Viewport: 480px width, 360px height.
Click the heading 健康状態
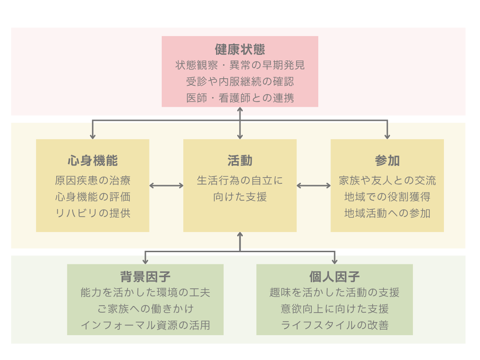pos(240,49)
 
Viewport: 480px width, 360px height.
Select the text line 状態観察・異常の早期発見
pos(240,65)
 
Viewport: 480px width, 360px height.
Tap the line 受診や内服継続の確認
pos(240,82)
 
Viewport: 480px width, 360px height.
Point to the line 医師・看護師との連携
pos(240,98)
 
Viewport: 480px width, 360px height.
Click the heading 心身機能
pos(93,161)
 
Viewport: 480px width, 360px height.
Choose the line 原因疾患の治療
pos(93,180)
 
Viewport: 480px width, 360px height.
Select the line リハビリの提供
pos(93,213)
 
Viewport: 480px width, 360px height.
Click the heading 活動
pos(240,161)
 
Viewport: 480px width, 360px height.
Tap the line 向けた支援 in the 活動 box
pos(240,197)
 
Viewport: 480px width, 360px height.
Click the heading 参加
pos(387,161)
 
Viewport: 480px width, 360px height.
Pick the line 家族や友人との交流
pos(387,180)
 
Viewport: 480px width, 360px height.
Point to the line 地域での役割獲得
pos(387,197)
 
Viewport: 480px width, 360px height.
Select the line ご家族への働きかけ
pos(145,309)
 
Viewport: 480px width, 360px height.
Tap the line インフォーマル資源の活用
pos(145,325)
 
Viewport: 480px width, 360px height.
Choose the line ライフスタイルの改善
pos(335,325)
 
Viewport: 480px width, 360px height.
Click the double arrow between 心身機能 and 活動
pos(166,186)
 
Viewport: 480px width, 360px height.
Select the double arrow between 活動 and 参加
pos(314,186)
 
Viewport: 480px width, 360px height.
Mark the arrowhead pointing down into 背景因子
pos(146,261)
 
